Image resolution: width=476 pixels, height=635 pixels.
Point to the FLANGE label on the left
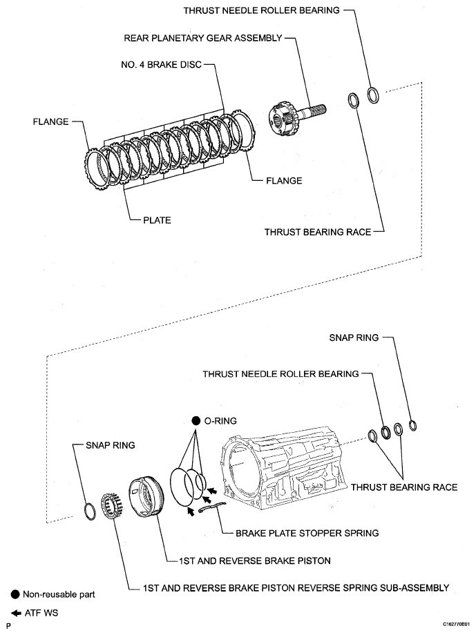(x=50, y=121)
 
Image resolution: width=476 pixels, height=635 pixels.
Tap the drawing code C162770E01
(x=449, y=625)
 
